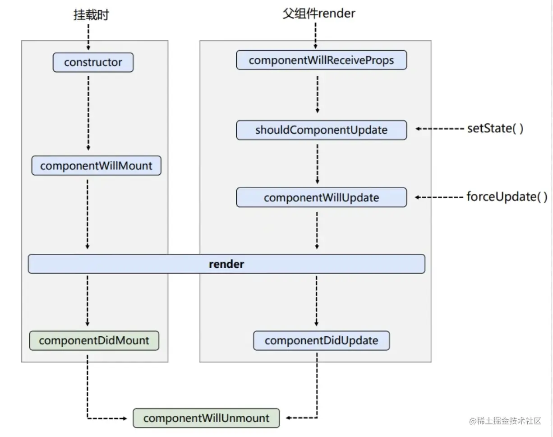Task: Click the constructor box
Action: click(x=93, y=62)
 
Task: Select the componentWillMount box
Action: click(x=97, y=165)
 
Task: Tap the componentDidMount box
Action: click(x=94, y=340)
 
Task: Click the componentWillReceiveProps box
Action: click(x=322, y=60)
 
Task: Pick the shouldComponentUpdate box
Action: click(x=322, y=130)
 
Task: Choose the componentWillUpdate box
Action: click(x=322, y=197)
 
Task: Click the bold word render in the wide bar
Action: click(x=226, y=264)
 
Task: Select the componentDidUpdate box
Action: click(x=322, y=340)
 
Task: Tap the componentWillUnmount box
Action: click(x=206, y=418)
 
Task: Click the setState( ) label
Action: click(x=495, y=128)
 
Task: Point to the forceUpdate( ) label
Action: click(x=507, y=197)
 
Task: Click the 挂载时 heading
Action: click(x=91, y=14)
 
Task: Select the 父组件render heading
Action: click(x=319, y=14)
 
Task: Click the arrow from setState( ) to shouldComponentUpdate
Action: click(x=440, y=129)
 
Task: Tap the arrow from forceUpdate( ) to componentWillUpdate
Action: click(x=439, y=197)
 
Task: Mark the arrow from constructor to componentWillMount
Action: click(x=88, y=113)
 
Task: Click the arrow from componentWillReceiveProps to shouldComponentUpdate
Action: click(x=318, y=94)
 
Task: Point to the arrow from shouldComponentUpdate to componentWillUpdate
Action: click(x=318, y=164)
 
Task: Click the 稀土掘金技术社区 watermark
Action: click(x=505, y=421)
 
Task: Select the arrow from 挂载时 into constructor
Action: click(x=88, y=37)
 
